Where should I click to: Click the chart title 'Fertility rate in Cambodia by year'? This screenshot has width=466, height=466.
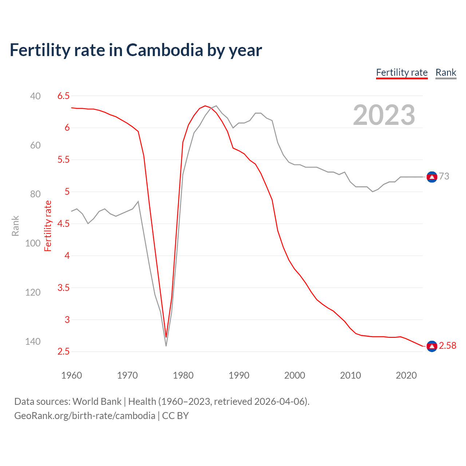tap(135, 50)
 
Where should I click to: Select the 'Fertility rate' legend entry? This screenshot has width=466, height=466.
tap(402, 72)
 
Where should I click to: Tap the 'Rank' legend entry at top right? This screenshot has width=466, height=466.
tap(446, 72)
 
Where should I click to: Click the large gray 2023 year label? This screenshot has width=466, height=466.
tap(384, 115)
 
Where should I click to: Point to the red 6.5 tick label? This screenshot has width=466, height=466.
tap(63, 96)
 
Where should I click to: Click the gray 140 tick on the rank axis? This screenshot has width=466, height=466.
tap(33, 341)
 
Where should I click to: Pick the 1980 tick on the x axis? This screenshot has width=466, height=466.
tap(183, 375)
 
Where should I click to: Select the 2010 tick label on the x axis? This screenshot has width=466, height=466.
tap(350, 375)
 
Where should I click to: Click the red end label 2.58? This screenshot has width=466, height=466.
tap(447, 345)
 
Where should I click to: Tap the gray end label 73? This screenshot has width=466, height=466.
tap(444, 176)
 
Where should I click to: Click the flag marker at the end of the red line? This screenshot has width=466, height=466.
tap(432, 346)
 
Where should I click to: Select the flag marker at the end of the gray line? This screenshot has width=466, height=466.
tap(432, 177)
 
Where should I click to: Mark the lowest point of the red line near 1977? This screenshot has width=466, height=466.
tap(166, 337)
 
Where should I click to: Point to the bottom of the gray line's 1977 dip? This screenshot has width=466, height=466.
tap(166, 345)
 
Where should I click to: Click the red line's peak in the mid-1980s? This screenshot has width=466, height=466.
tap(205, 106)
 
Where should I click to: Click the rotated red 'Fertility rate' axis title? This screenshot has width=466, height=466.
tap(48, 226)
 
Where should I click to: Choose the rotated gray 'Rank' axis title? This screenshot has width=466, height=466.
tap(15, 226)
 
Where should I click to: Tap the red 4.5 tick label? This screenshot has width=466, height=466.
tap(63, 224)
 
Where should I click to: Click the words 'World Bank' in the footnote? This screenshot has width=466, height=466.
tap(97, 402)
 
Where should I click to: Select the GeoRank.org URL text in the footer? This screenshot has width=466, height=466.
tap(84, 416)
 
